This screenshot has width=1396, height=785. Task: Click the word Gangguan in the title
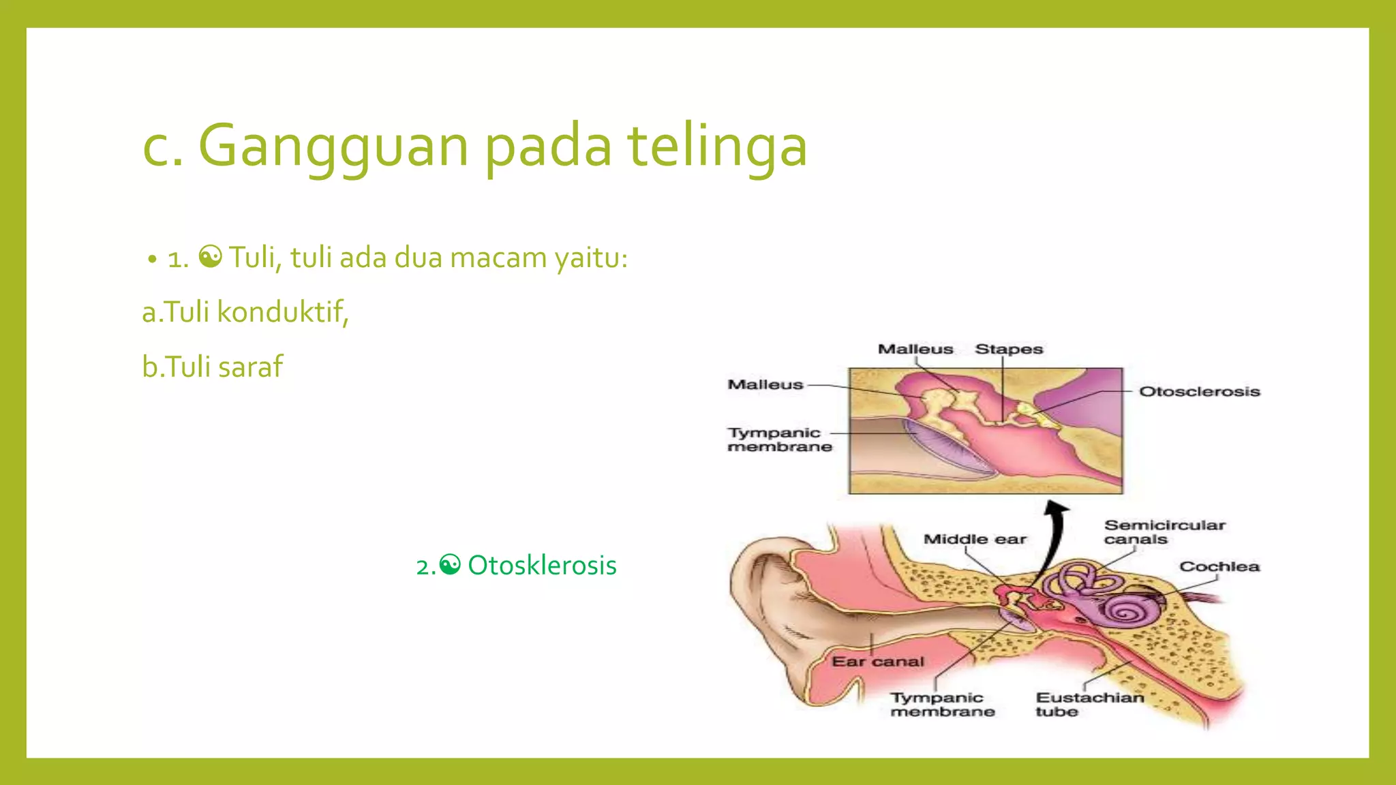click(333, 147)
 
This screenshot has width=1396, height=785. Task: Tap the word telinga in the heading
click(717, 147)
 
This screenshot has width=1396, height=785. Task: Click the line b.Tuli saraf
click(212, 367)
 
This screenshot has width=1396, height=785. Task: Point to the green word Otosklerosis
click(542, 566)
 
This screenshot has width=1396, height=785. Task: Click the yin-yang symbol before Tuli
click(210, 257)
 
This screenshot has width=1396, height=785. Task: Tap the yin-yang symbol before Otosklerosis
click(450, 565)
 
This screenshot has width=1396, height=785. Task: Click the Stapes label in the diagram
click(1009, 349)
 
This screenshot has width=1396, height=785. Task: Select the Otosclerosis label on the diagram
click(1199, 392)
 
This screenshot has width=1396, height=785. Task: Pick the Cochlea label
click(1219, 566)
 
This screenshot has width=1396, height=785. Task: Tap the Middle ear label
click(974, 539)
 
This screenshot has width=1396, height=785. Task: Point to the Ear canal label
click(877, 662)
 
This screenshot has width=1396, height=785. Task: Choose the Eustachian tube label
click(1089, 705)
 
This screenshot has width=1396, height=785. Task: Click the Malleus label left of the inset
click(765, 385)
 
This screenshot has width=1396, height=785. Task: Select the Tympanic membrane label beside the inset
click(778, 440)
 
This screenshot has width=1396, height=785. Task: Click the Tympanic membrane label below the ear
click(942, 705)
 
